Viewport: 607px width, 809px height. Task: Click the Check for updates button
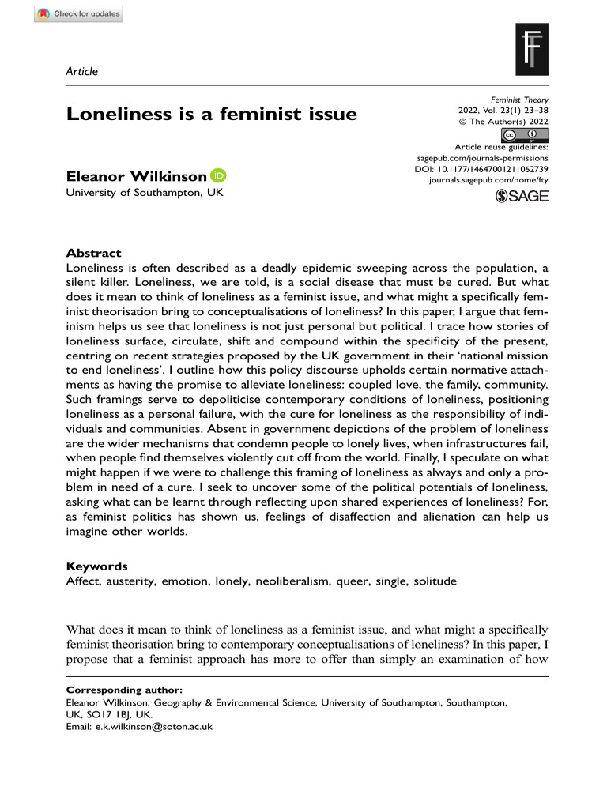coord(78,14)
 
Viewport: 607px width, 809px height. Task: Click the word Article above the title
coord(82,71)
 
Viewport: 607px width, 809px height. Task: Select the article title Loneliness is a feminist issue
coord(211,114)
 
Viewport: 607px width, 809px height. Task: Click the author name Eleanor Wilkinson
coord(136,175)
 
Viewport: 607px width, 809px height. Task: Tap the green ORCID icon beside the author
coord(218,175)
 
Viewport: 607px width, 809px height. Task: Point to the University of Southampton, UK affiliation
coord(145,192)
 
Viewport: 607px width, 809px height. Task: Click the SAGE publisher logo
coord(521,197)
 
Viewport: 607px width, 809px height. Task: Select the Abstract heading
coord(93,254)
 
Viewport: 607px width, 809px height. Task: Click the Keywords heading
coord(97,566)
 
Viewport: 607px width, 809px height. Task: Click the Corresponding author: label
coord(124,689)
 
